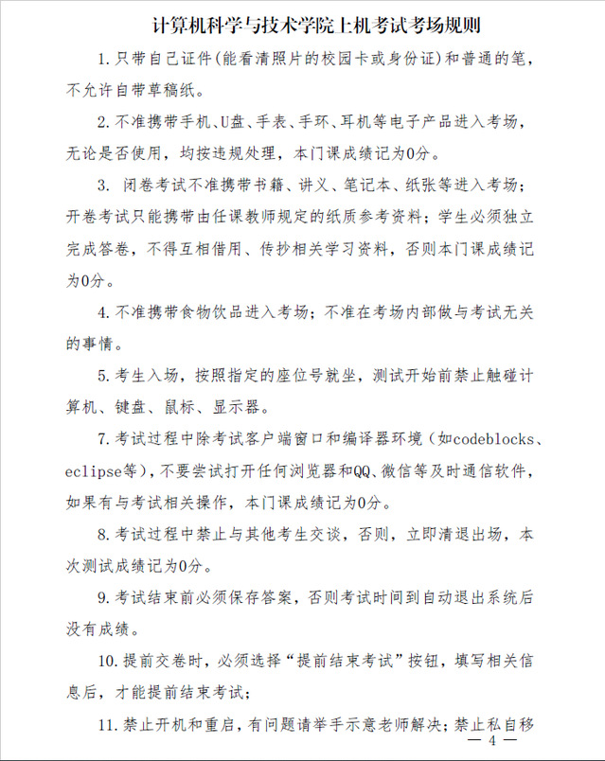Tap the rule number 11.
[x=106, y=726]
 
